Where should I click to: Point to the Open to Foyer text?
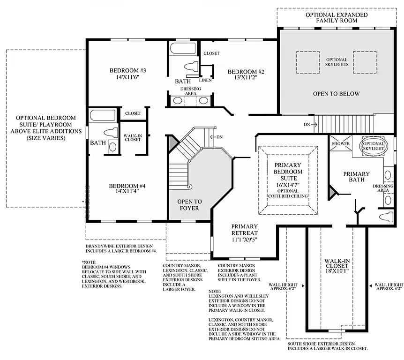click(188, 205)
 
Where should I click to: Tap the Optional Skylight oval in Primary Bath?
click(374, 146)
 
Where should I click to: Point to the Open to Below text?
click(336, 94)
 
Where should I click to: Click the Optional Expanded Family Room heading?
click(336, 18)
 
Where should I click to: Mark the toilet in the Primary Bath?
click(385, 217)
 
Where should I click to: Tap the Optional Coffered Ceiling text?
click(288, 193)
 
